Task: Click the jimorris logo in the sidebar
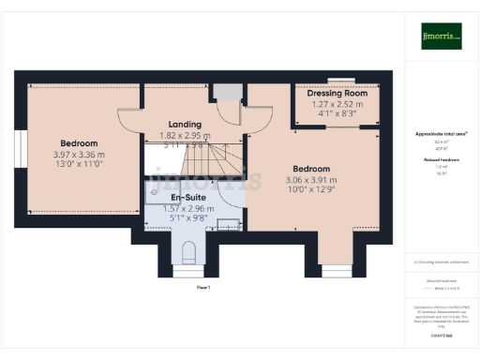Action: tap(441, 36)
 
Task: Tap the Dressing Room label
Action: tap(329, 94)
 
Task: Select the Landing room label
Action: tap(185, 124)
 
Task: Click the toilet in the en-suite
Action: tap(187, 250)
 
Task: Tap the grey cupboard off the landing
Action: tap(225, 93)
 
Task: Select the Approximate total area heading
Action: tap(441, 134)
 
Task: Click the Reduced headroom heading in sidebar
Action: tap(441, 160)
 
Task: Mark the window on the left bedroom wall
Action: tap(20, 152)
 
